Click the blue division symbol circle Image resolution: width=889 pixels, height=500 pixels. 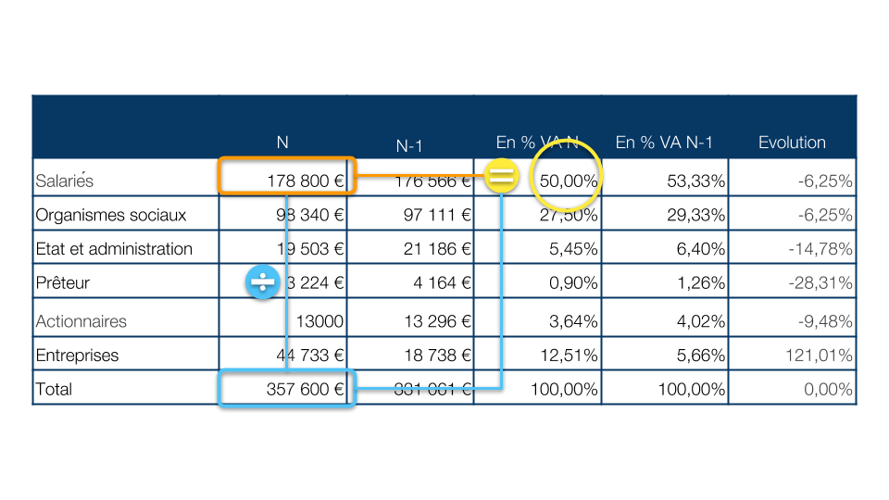point(262,283)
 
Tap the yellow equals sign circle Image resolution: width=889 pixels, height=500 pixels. point(501,176)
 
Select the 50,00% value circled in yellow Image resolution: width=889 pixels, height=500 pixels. point(567,181)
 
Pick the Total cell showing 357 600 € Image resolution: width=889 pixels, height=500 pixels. point(286,389)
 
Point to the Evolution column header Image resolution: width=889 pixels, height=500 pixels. point(792,143)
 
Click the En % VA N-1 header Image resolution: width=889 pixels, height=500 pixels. point(664,143)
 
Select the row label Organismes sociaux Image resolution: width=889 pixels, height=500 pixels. point(111,216)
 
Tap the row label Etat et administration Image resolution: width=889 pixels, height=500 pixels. point(114,249)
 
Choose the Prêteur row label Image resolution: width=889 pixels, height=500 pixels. point(63,283)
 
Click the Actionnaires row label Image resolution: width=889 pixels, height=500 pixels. point(81,321)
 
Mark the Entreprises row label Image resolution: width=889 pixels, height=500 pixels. point(78,356)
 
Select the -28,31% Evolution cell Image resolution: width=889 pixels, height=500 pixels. point(821,283)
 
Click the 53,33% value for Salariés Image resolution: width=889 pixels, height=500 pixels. point(695,181)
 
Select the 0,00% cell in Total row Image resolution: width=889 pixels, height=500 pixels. point(827,390)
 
